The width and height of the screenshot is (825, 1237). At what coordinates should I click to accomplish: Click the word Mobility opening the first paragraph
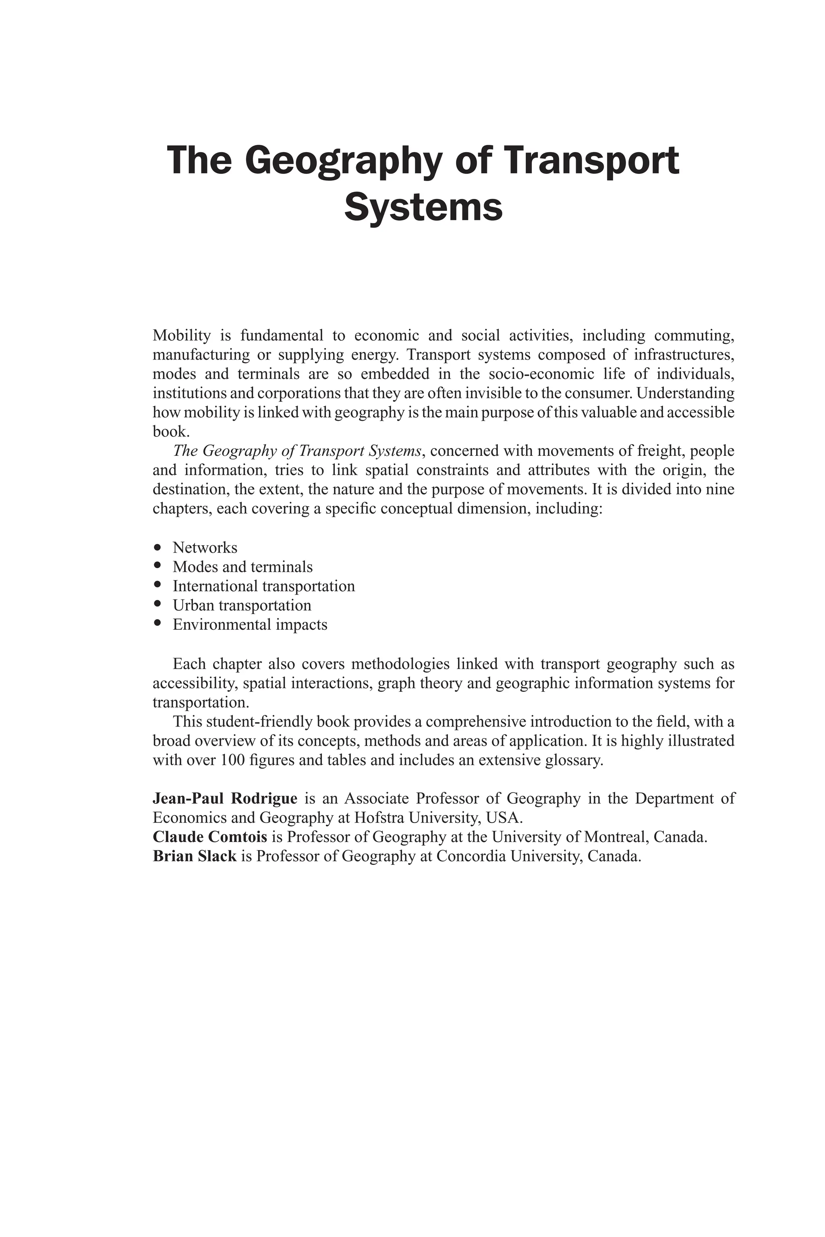[182, 335]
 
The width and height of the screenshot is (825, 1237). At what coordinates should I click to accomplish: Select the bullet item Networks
[205, 548]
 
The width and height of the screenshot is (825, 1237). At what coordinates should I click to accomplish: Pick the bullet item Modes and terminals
[243, 567]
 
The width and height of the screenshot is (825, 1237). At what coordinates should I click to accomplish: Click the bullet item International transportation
[263, 586]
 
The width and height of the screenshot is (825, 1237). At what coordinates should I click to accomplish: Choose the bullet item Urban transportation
[242, 605]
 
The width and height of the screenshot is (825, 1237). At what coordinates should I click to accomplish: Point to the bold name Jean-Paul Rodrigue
[225, 798]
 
